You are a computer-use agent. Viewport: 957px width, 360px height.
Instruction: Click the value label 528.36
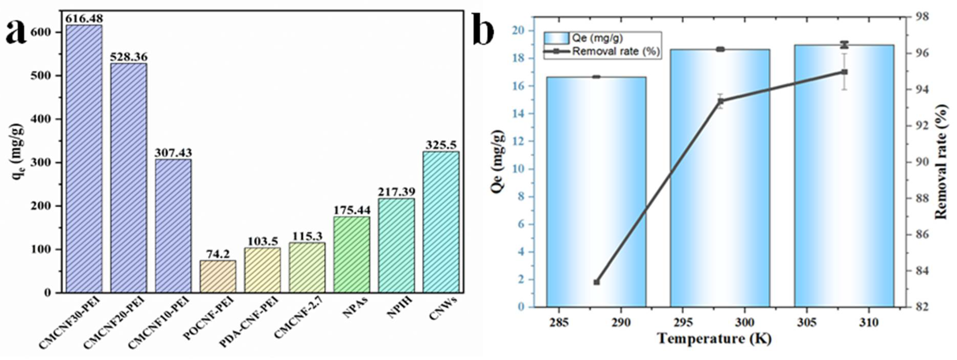pyautogui.click(x=129, y=57)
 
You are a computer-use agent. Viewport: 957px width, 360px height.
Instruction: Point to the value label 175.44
pyautogui.click(x=352, y=210)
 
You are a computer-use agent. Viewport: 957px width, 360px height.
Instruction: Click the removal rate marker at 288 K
pyautogui.click(x=597, y=282)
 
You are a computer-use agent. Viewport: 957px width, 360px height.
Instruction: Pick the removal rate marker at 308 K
pyautogui.click(x=844, y=72)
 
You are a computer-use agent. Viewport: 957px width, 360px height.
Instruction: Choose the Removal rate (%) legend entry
pyautogui.click(x=602, y=52)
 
